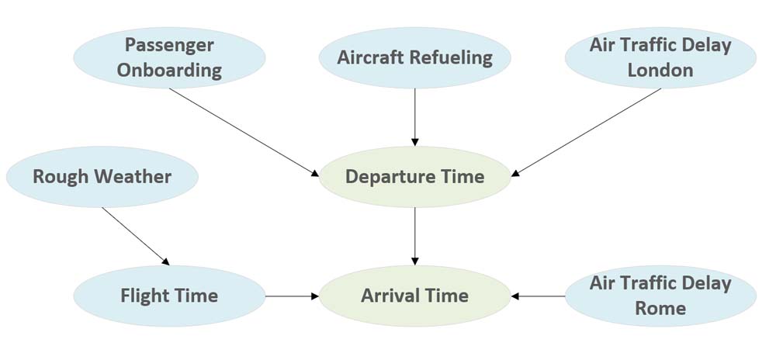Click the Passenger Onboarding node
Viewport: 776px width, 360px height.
(170, 57)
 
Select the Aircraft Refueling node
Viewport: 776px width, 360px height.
(415, 57)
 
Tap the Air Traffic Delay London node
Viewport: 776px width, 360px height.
(660, 57)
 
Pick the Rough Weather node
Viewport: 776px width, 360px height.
(102, 177)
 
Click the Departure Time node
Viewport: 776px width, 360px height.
(415, 177)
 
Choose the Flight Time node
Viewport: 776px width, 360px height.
(169, 296)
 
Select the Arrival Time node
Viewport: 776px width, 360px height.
(415, 296)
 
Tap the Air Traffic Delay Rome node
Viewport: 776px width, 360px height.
(660, 296)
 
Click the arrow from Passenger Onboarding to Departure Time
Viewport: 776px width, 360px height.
(244, 130)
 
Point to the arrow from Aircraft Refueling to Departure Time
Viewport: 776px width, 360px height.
(415, 116)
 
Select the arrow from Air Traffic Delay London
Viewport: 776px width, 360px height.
(587, 130)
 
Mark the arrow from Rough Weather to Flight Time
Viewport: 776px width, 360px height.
(136, 237)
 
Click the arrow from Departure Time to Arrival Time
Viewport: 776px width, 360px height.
(415, 236)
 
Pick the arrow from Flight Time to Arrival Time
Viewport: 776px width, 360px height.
(293, 296)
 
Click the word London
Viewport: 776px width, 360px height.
(660, 71)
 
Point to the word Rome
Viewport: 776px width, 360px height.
(660, 308)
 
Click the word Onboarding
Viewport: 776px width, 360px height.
(170, 71)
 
